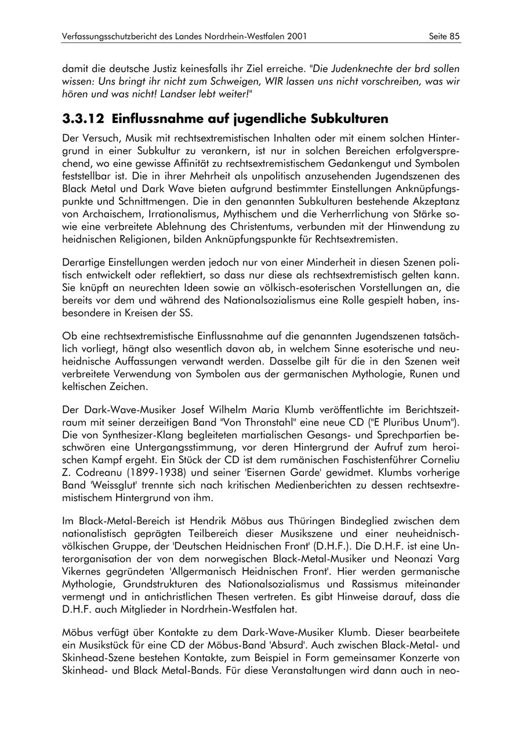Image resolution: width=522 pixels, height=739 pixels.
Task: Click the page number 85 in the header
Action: (x=455, y=36)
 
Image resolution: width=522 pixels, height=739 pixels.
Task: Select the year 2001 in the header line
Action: (x=296, y=36)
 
